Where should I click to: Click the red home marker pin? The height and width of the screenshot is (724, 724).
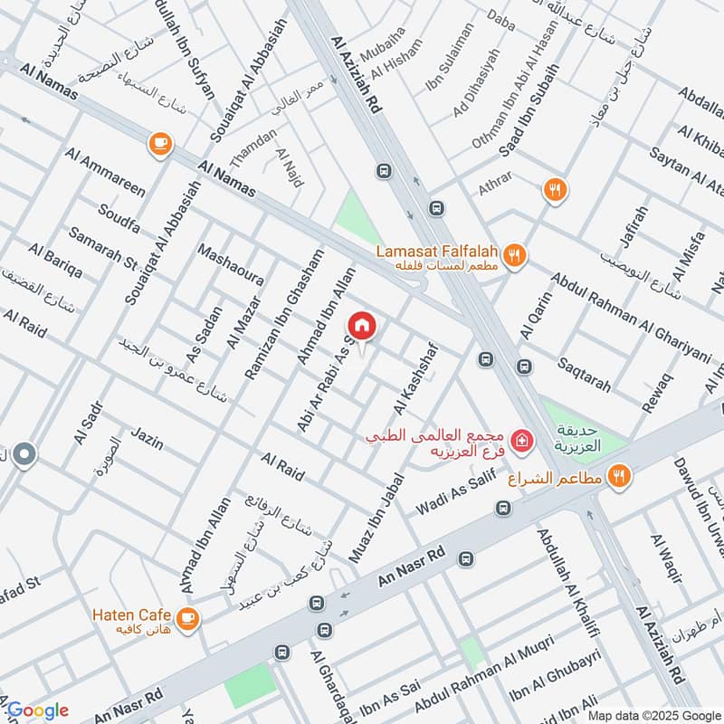(x=362, y=326)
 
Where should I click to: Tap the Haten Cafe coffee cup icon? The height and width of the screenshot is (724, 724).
(x=187, y=618)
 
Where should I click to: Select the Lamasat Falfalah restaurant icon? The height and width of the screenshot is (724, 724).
(x=514, y=255)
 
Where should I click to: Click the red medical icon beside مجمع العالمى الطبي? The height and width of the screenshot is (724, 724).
(x=520, y=442)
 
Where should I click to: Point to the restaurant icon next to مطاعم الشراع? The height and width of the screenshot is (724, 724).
(x=620, y=475)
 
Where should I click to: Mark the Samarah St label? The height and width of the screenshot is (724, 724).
(x=101, y=250)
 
